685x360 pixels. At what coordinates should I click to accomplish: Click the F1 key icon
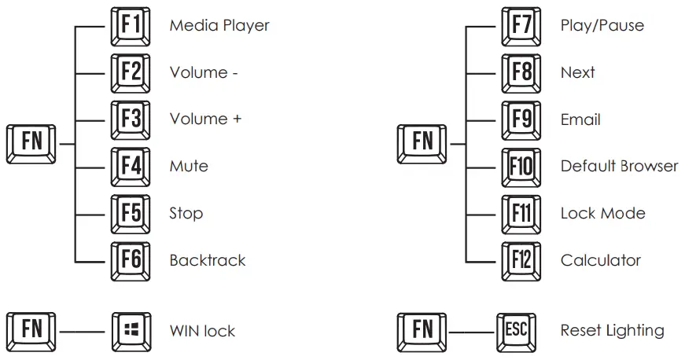[131, 27]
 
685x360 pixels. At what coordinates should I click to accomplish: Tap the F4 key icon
[131, 167]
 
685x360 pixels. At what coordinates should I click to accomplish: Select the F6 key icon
[131, 262]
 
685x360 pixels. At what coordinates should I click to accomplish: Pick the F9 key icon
[521, 120]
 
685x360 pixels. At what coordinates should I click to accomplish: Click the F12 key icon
[521, 262]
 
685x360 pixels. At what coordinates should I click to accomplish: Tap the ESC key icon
[517, 332]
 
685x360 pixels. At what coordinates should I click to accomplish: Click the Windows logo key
[131, 332]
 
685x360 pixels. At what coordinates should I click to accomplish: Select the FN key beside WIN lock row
[31, 332]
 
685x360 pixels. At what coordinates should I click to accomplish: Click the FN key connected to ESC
[422, 332]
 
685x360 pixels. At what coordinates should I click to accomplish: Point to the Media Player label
[219, 26]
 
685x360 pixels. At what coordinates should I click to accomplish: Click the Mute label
[189, 167]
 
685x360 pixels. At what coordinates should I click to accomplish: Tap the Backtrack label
[208, 260]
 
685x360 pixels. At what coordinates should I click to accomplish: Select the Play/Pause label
[602, 26]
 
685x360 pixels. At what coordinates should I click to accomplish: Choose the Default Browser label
[619, 167]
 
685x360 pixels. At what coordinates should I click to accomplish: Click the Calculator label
[601, 260]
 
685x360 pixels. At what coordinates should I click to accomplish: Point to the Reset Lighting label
[612, 331]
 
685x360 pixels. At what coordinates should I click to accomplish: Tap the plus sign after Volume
[237, 119]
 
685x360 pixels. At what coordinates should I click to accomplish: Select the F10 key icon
[521, 167]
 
